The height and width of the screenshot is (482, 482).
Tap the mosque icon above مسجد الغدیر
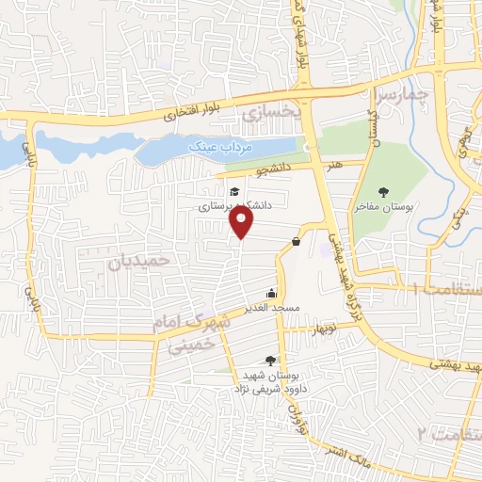(x=272, y=293)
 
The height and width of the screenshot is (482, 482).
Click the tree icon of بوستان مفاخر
(x=382, y=191)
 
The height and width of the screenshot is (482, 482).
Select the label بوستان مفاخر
(x=383, y=205)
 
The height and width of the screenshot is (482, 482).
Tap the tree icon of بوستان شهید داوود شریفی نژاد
(x=271, y=361)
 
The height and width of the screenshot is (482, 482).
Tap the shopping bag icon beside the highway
(x=297, y=242)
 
